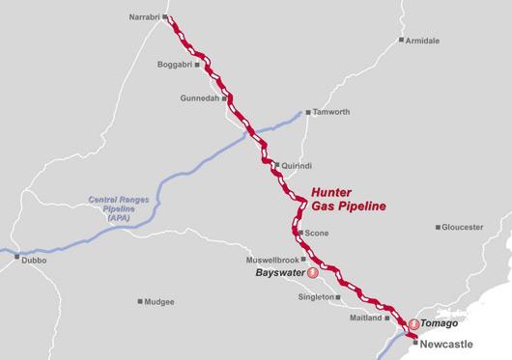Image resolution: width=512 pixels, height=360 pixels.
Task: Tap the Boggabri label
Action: click(174, 65)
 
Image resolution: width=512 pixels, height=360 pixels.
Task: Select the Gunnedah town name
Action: click(200, 98)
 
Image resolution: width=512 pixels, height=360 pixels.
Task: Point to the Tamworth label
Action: click(332, 111)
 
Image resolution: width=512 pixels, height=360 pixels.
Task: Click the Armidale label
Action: click(426, 41)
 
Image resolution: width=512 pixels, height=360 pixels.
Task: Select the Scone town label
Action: click(317, 234)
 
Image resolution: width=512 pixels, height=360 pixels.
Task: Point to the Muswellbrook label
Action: click(274, 260)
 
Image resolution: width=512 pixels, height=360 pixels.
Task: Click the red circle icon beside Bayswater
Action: click(312, 274)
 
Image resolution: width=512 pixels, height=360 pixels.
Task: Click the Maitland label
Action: click(365, 317)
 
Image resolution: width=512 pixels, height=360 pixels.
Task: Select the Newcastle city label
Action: click(445, 344)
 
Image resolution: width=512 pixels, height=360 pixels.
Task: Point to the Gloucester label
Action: click(462, 227)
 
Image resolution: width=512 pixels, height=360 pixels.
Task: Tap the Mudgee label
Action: click(159, 301)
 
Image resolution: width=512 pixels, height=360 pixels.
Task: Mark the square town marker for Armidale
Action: click(402, 41)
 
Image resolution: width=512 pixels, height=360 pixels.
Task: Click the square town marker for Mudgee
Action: click(140, 301)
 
